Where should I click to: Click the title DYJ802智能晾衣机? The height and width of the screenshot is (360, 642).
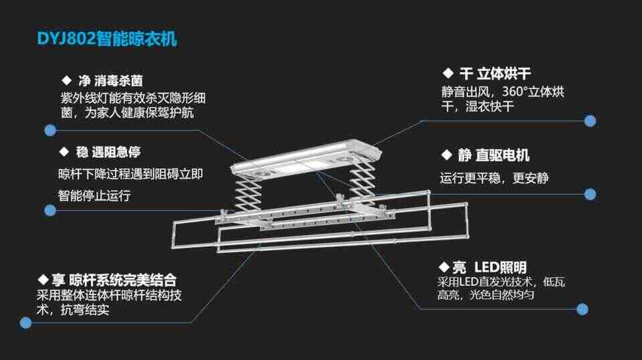(107, 39)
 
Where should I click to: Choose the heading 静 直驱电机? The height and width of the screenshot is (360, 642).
(485, 155)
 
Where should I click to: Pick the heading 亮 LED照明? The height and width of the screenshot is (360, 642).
(482, 268)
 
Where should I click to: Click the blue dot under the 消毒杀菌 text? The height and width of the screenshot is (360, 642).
(49, 130)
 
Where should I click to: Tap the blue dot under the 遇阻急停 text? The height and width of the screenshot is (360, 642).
(49, 210)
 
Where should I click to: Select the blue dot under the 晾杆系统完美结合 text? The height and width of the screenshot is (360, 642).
(25, 323)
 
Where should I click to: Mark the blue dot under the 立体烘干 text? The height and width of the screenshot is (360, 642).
(590, 121)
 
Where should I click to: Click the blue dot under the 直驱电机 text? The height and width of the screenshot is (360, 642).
(590, 194)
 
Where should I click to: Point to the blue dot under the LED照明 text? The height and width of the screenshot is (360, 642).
(582, 309)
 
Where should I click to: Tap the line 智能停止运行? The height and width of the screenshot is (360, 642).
(94, 196)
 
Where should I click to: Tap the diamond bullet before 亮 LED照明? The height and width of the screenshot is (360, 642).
(443, 268)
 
